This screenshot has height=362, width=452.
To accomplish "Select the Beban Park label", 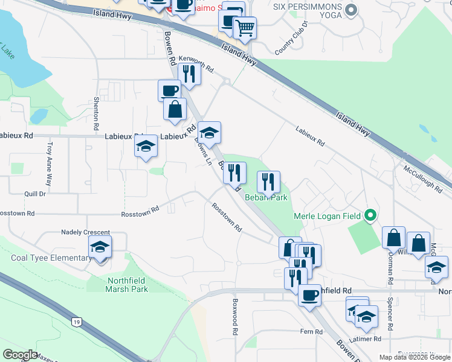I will tap(266, 197).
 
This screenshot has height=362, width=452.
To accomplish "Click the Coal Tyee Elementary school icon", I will tap(100, 247).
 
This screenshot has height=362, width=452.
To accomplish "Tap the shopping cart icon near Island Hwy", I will tap(245, 28).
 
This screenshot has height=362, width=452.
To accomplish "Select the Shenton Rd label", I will tap(96, 115).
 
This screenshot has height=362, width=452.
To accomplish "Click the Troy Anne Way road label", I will tap(50, 163).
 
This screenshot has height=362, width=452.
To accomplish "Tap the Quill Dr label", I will tap(34, 194).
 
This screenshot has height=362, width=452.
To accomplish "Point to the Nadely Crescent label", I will tap(86, 232).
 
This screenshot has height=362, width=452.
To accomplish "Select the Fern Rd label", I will tap(311, 332).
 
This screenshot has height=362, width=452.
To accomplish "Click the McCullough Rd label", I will tap(422, 179).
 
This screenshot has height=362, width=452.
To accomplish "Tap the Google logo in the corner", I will tap(20, 355).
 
